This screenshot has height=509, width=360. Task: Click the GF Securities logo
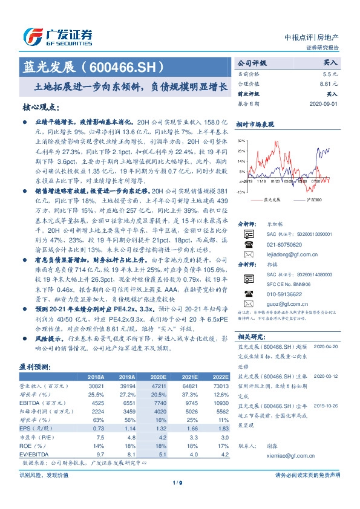[x=58, y=36]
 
